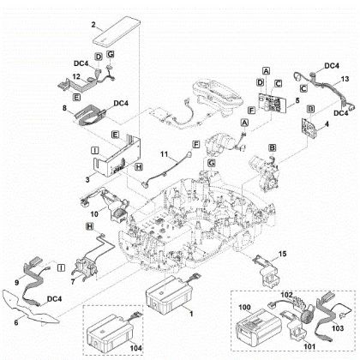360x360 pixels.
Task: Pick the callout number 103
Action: point(337,328)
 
